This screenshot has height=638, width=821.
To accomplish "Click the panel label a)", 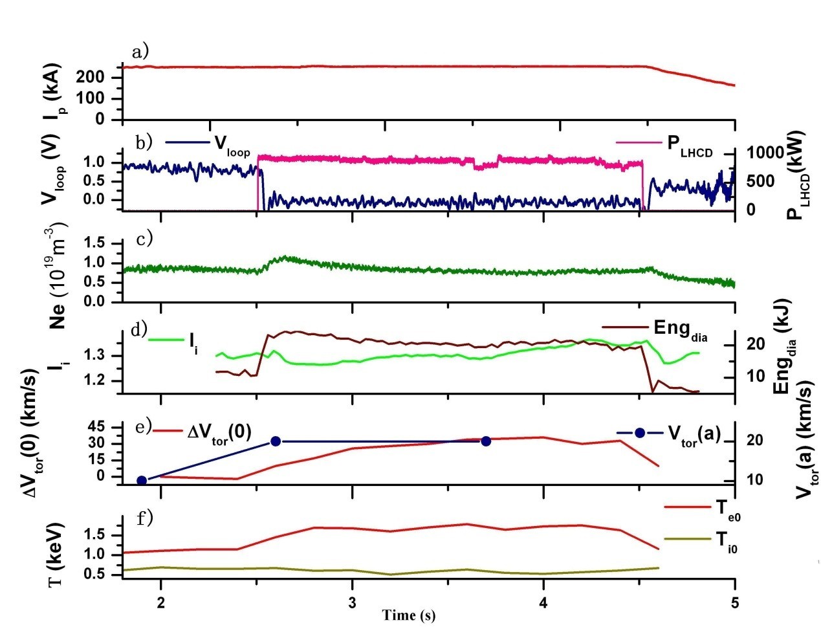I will (140, 52).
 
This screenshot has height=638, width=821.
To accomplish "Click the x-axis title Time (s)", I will (408, 615).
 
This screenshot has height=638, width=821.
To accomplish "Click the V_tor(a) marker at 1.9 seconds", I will (142, 480).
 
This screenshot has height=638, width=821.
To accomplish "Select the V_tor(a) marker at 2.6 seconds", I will (276, 441).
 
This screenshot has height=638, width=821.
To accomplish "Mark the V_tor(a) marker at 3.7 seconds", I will (486, 441).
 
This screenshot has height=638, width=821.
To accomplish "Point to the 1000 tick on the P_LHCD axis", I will (760, 153).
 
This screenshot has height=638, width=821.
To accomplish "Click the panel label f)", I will (141, 518).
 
